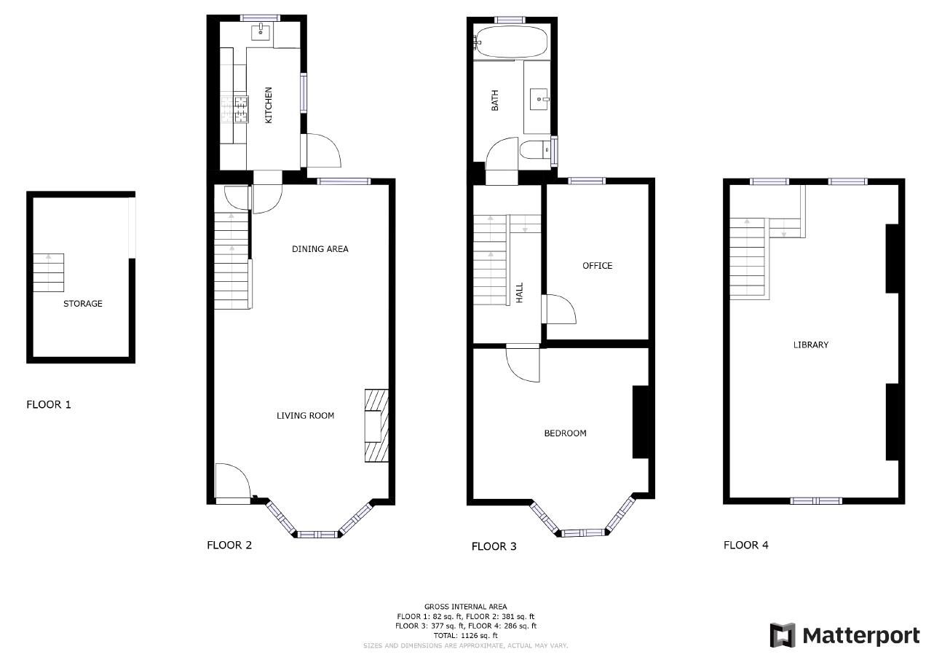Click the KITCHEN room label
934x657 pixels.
(x=269, y=105)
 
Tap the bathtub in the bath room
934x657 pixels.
(x=511, y=42)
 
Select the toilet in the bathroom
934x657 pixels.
(x=534, y=151)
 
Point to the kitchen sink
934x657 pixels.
(x=261, y=32)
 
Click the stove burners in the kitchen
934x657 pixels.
(x=241, y=109)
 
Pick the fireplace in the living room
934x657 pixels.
(x=376, y=426)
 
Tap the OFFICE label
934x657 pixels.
(x=597, y=266)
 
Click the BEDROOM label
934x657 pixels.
(x=565, y=433)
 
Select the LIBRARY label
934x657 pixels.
(x=810, y=345)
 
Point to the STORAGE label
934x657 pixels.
(x=82, y=304)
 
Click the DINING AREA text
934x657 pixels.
(x=320, y=249)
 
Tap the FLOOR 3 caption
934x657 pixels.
(x=494, y=546)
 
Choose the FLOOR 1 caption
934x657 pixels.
(x=49, y=404)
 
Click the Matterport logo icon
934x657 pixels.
(x=783, y=635)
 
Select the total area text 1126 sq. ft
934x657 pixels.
(x=465, y=635)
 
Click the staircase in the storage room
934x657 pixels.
(x=49, y=272)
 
